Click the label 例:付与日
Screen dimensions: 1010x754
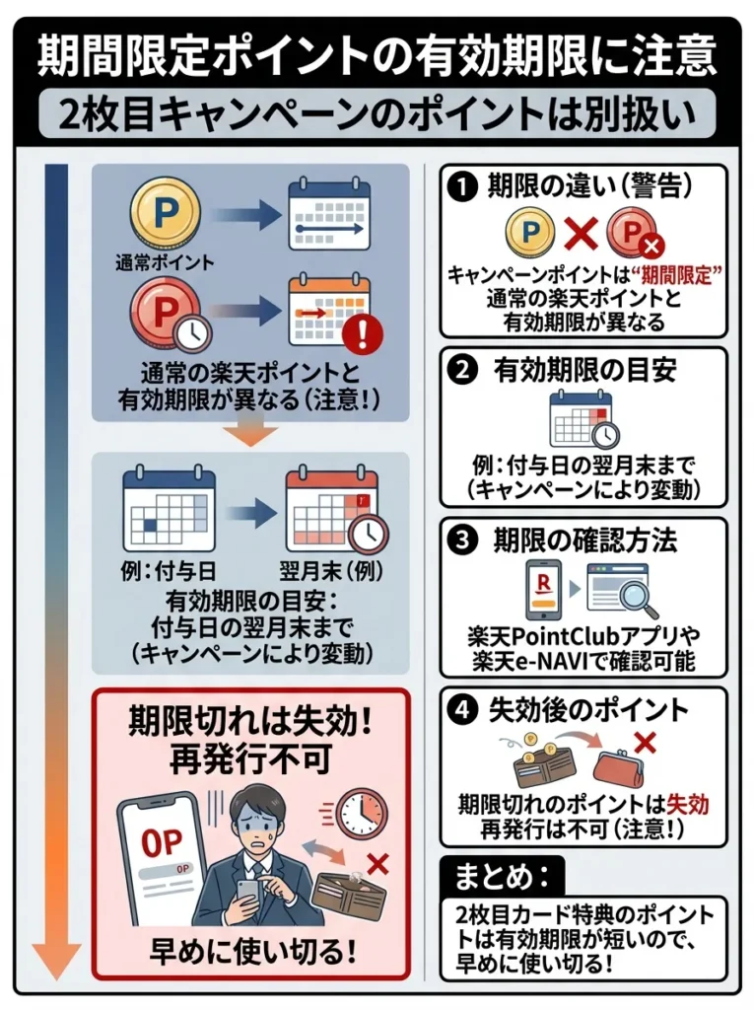click(x=164, y=570)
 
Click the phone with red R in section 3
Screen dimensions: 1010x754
click(x=541, y=589)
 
